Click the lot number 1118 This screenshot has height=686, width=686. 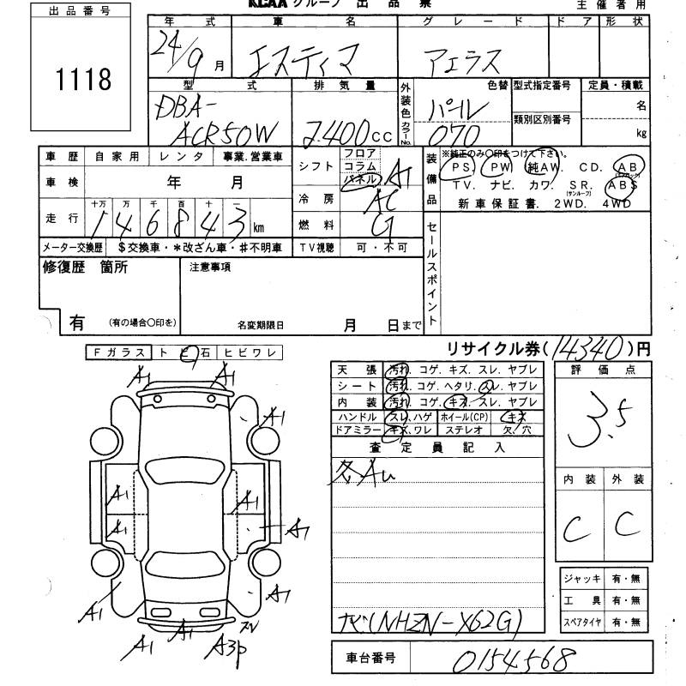82,80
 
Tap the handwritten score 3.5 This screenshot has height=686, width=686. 598,419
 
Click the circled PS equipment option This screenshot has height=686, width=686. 462,166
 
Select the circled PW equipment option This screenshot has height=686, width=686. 500,166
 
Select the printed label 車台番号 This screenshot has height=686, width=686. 371,659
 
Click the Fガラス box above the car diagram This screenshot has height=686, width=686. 118,352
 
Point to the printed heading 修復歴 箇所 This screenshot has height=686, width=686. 85,267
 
